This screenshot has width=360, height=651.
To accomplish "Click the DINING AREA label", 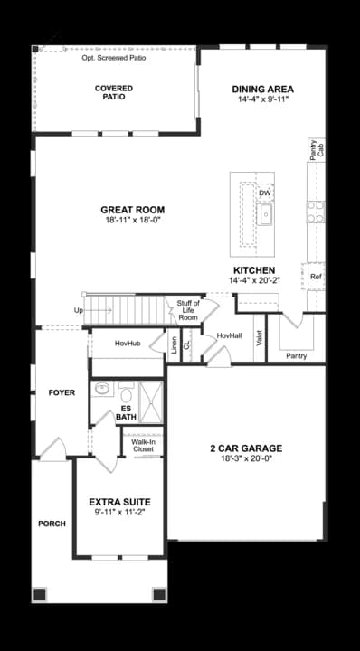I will [x=262, y=89].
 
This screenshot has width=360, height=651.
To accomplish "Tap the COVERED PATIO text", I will [x=114, y=92].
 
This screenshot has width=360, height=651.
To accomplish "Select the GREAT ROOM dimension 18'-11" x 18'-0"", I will [x=132, y=220].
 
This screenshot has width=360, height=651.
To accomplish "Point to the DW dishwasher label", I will [x=264, y=193].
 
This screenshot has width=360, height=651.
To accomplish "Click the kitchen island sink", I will [x=265, y=214].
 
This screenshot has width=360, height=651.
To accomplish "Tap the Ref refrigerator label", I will [x=316, y=277].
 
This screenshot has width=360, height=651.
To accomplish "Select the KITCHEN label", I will [x=253, y=270].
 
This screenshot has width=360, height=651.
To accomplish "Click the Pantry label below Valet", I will [x=296, y=355].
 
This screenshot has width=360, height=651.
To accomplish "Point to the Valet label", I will [x=260, y=339].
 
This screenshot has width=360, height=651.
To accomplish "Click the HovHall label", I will [x=228, y=335].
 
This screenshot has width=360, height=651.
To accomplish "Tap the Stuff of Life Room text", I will [x=187, y=310].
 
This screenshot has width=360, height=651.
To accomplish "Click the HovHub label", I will [x=127, y=344].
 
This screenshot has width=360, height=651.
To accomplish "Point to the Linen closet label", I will [x=175, y=344].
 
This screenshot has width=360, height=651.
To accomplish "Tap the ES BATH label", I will [x=127, y=413].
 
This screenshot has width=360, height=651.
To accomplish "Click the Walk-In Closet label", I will [x=143, y=445].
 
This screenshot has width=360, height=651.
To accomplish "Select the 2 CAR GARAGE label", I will [x=246, y=448].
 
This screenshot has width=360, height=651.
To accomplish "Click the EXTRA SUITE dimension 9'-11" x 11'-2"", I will [x=118, y=512].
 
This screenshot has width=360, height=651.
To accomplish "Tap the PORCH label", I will [x=52, y=524].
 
